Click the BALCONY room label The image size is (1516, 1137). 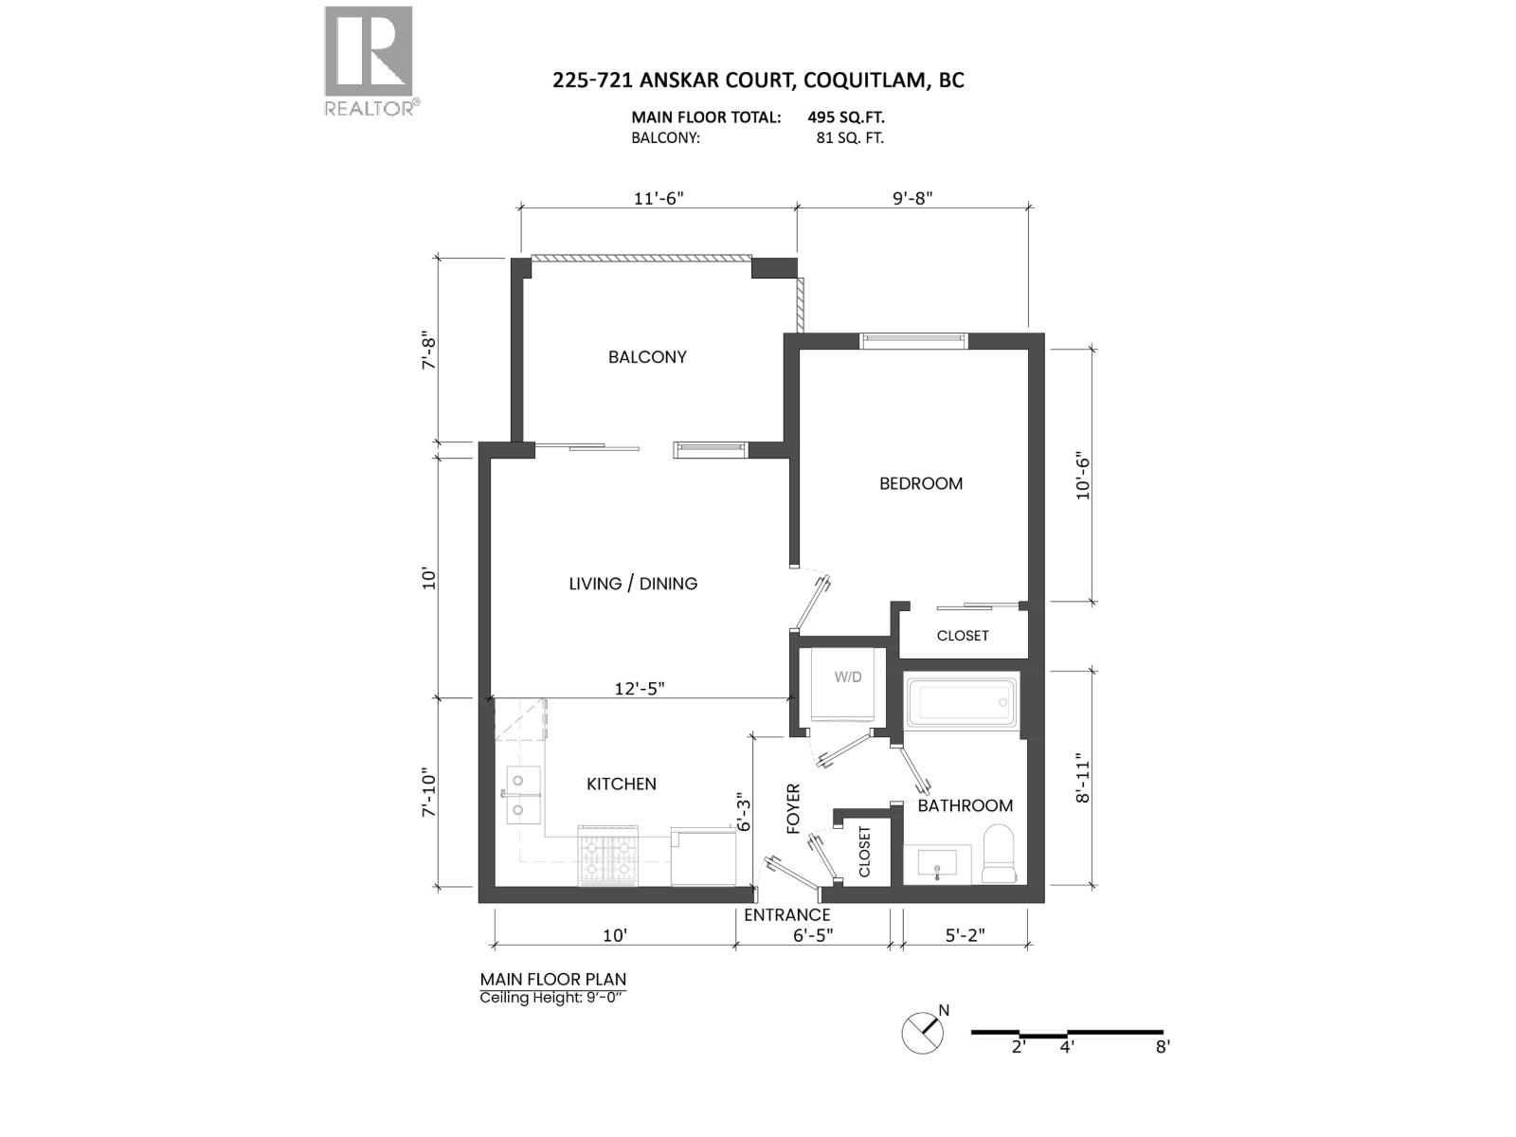coord(647,357)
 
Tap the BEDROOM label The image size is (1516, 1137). coord(920,483)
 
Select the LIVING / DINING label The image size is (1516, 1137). coord(633,584)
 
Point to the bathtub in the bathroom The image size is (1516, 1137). coord(962,702)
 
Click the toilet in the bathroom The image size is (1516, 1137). coord(999,854)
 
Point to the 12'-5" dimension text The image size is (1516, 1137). coord(640,689)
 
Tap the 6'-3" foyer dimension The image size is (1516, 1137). coord(745,813)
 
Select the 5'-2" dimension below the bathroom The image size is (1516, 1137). coord(966,935)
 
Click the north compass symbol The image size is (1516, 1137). coord(924,1032)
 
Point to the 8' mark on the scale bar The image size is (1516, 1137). coord(1163,1046)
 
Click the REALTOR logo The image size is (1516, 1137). coord(370,61)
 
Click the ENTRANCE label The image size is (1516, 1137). coord(786,914)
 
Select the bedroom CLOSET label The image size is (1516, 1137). coord(963,636)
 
